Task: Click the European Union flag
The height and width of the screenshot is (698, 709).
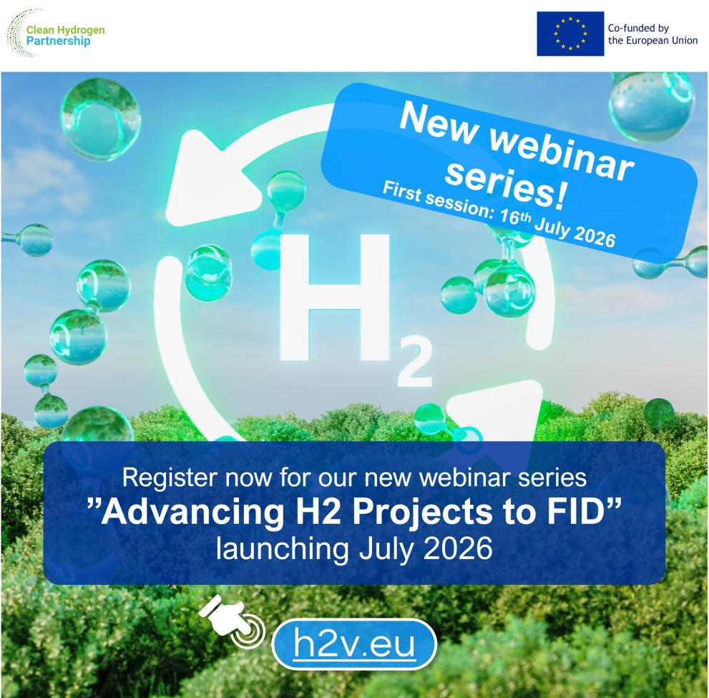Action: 570,34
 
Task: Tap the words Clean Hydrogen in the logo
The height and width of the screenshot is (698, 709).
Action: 66,30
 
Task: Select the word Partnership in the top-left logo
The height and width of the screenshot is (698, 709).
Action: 59,42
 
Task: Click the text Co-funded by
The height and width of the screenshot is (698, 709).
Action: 638,28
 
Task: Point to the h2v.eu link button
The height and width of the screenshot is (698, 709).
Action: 354,644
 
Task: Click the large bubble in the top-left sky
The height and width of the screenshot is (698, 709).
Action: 100,119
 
